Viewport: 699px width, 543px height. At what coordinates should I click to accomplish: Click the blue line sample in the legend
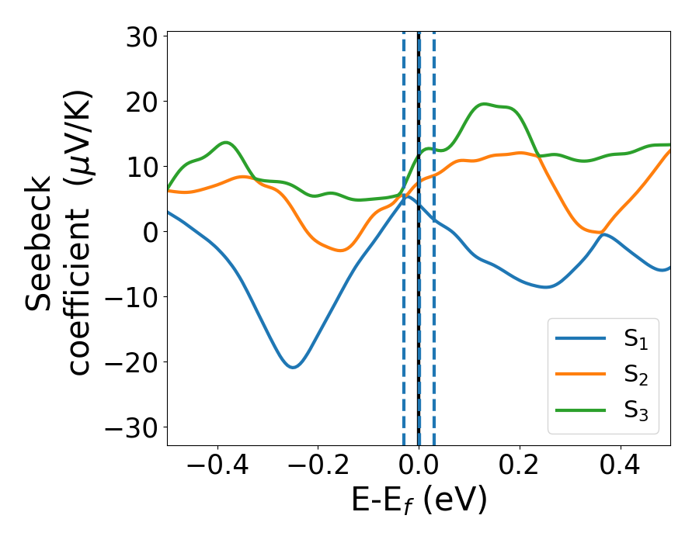(580, 338)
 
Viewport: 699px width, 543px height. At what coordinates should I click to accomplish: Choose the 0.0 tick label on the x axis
(419, 465)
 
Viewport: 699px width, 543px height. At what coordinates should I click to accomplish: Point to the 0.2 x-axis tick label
(520, 465)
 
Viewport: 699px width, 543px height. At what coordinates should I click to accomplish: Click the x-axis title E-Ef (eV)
(419, 500)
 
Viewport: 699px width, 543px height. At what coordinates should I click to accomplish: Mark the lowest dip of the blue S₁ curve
(293, 367)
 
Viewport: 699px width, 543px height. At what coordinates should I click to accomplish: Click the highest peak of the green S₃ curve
(485, 103)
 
